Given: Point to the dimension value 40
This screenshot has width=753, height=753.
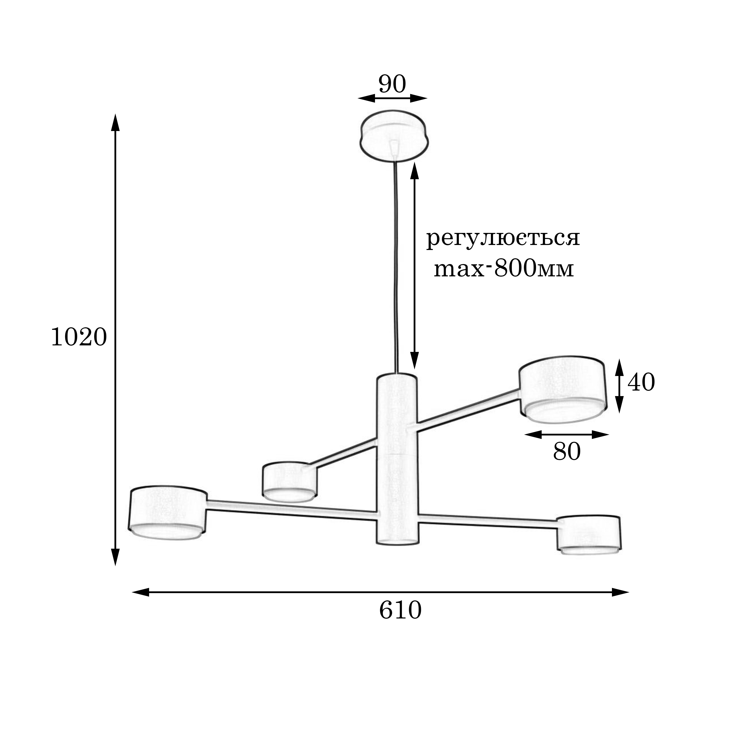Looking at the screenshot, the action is pos(641,382).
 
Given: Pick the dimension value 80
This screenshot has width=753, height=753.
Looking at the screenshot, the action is pos(567,452).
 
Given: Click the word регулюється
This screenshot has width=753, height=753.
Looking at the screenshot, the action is pos(503,238).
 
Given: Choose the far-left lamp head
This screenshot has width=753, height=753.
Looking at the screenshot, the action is pos(168,513).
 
